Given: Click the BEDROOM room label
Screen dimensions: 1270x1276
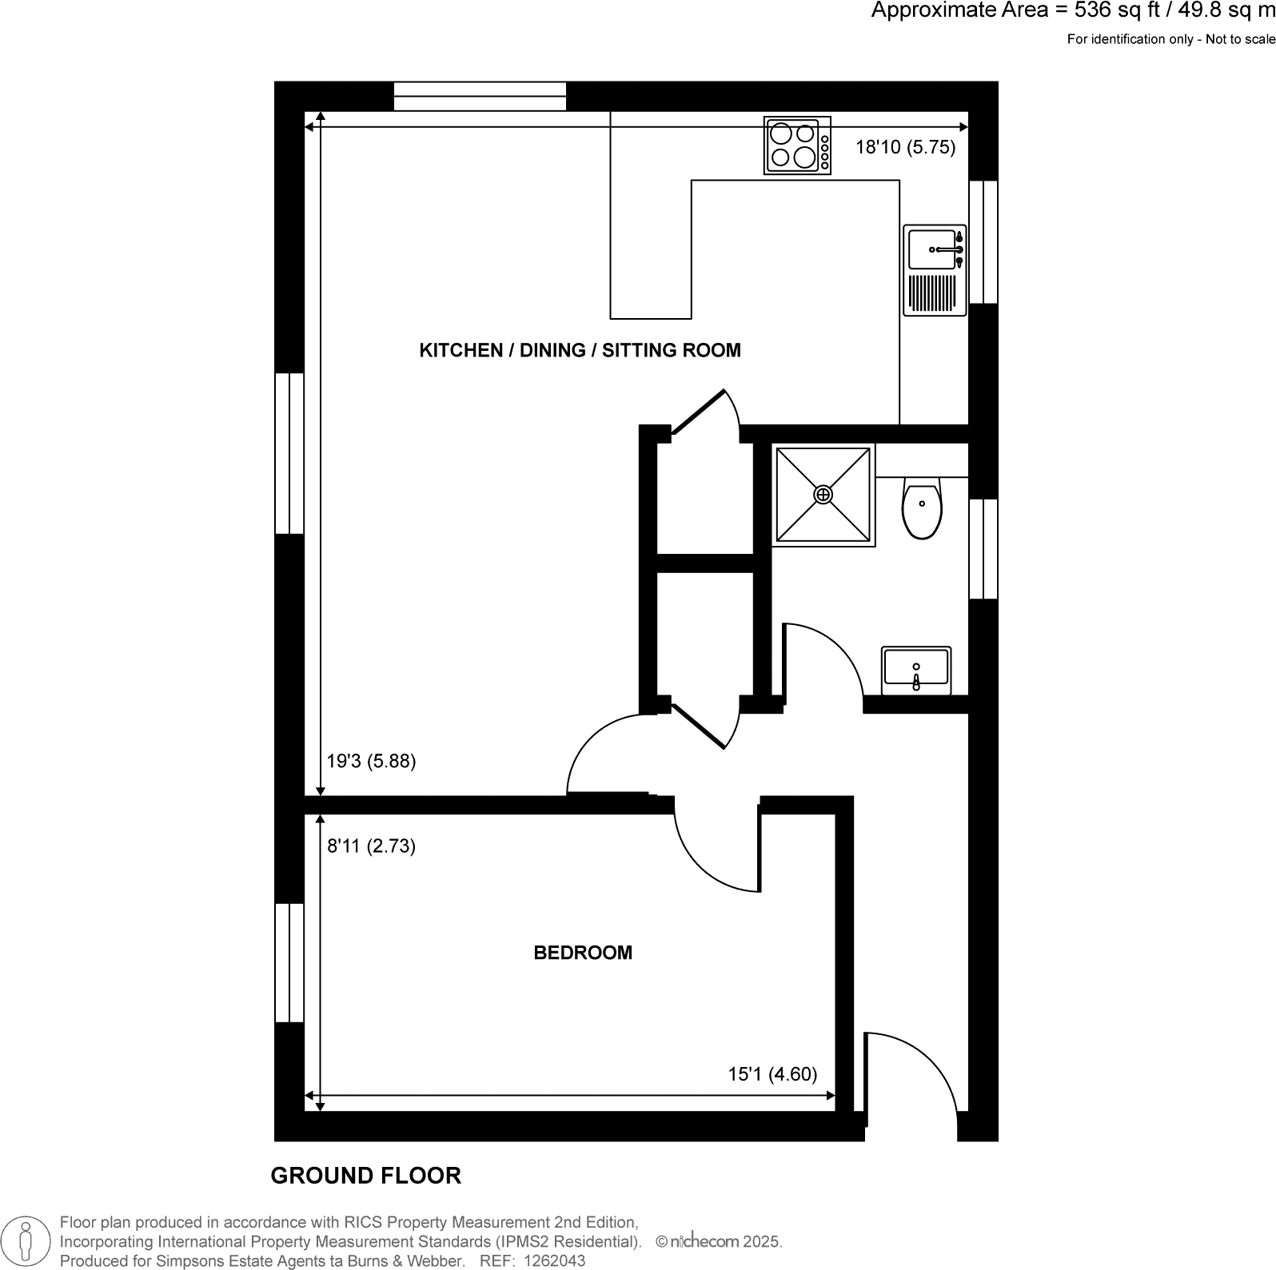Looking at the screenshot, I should (x=582, y=953).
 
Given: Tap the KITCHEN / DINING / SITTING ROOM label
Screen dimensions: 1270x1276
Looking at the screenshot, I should (x=580, y=350).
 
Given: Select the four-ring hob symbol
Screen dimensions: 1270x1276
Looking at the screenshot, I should (x=797, y=145).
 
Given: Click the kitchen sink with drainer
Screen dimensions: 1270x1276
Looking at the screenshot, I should (x=935, y=270).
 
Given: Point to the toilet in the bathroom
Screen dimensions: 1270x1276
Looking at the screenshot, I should (x=922, y=508).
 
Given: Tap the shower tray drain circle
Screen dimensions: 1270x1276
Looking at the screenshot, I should (x=823, y=495).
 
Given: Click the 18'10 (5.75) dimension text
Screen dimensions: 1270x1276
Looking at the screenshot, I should (x=905, y=147).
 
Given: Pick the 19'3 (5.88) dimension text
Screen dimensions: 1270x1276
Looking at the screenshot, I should (x=371, y=761).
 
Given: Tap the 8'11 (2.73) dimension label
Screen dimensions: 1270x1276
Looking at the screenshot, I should (x=371, y=846).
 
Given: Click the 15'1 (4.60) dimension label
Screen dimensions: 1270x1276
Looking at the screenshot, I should (x=772, y=1074).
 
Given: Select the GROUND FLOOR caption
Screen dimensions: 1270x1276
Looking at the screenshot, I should (x=365, y=1176).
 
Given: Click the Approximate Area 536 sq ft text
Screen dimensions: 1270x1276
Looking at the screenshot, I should (x=1071, y=11).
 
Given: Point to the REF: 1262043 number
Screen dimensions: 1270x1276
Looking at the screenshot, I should (x=532, y=1261).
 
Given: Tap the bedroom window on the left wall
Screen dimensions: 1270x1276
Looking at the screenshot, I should (x=289, y=963).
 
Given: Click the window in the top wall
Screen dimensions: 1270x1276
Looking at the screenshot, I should (x=480, y=96).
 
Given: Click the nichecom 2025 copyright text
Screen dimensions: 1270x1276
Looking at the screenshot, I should (x=718, y=1242).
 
